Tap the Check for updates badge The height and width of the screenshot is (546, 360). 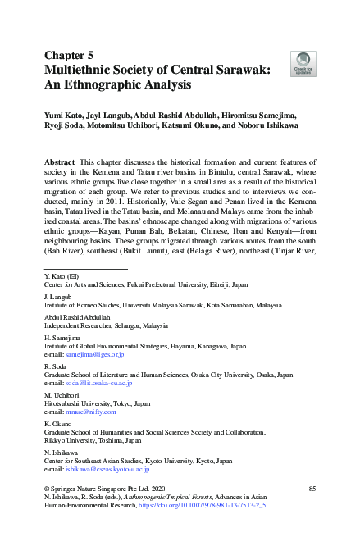tap(303, 63)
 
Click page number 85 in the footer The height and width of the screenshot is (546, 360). tap(312, 489)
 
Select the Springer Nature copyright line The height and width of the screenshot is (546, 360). tap(100, 489)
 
